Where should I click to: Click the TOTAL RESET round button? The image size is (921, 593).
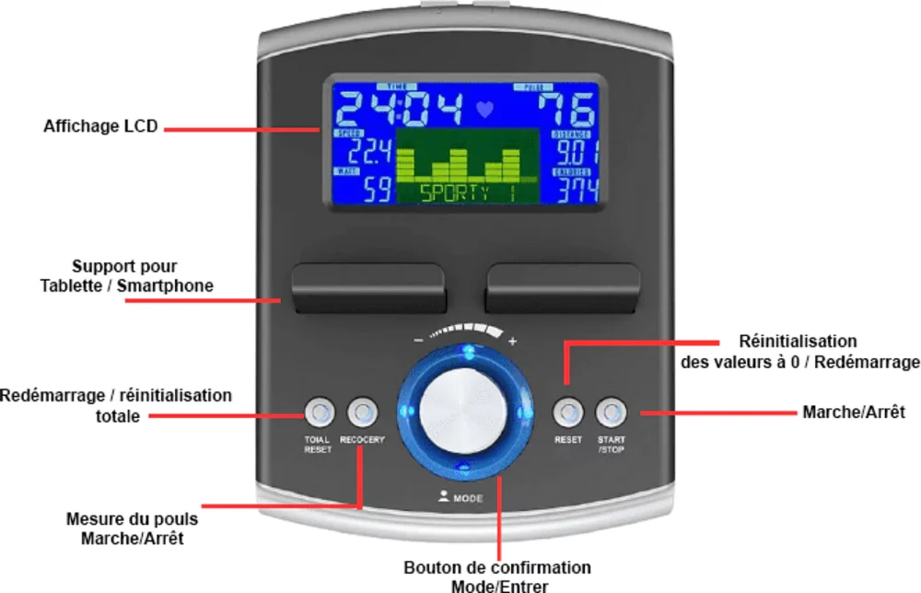tap(318, 411)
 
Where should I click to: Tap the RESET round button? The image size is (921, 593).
tap(567, 411)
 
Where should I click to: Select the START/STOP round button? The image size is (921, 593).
tap(611, 411)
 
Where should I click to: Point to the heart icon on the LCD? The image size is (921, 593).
tap(485, 110)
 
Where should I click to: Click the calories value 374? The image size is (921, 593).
tap(576, 190)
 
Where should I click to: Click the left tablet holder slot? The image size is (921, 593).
tap(367, 288)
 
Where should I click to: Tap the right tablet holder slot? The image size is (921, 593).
tap(563, 288)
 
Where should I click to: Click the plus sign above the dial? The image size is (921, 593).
tap(513, 341)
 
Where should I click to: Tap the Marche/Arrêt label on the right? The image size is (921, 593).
tap(854, 412)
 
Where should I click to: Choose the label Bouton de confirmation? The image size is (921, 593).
tap(497, 567)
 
